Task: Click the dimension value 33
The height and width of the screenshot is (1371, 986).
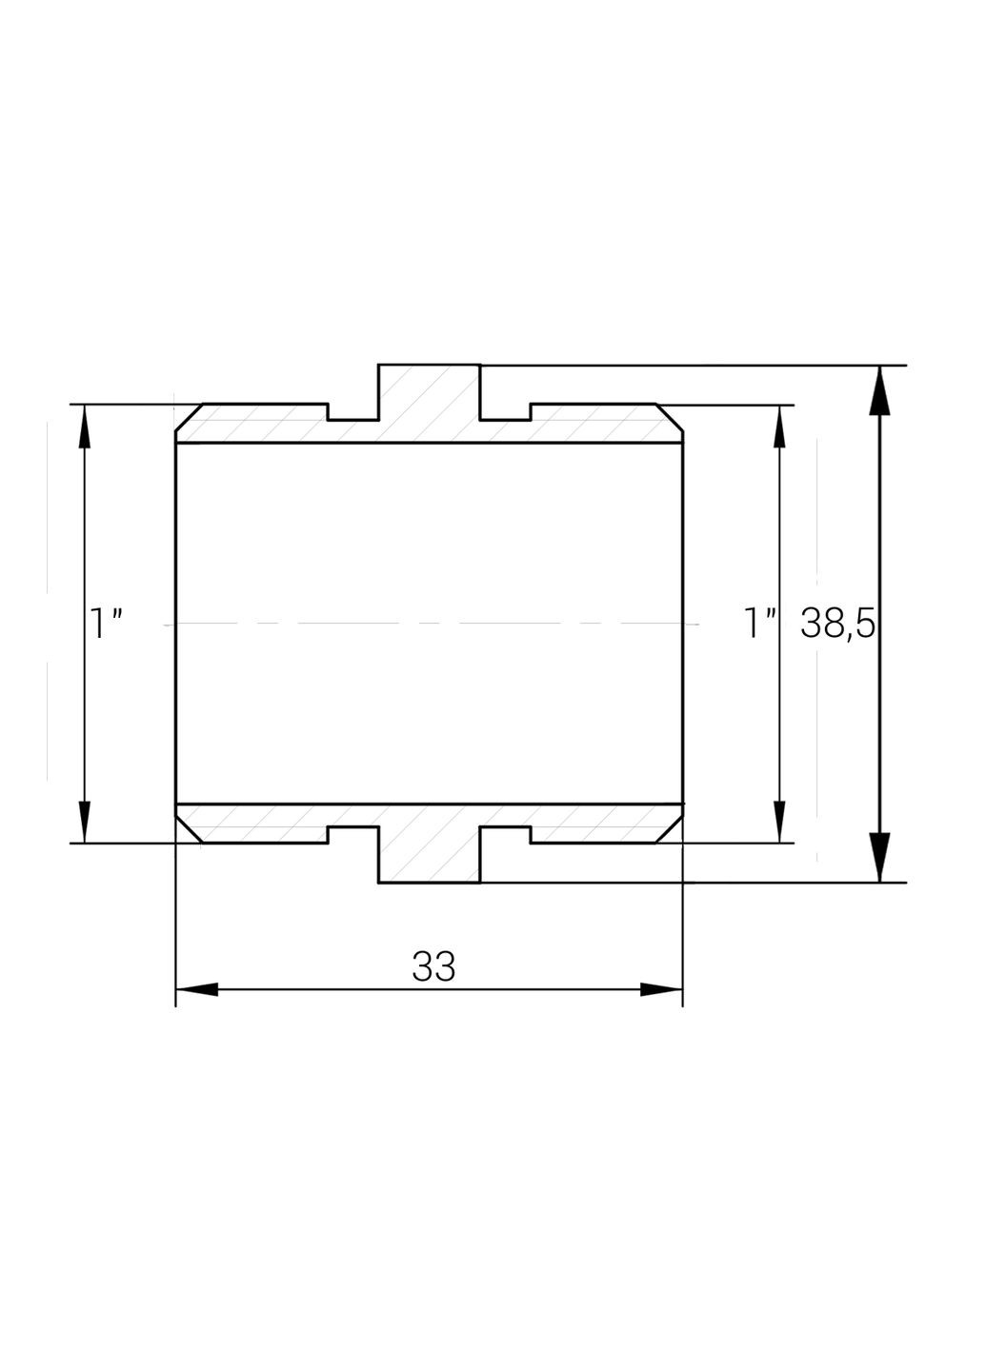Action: point(433,966)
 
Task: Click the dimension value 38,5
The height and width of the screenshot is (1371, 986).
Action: point(837,624)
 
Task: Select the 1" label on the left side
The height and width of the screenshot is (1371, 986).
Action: point(106,625)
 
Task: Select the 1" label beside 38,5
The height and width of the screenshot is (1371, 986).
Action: point(760,625)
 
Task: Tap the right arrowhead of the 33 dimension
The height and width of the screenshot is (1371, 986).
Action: point(661,989)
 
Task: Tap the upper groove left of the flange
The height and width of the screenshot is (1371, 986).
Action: point(353,413)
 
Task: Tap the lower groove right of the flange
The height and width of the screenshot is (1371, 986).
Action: point(504,834)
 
